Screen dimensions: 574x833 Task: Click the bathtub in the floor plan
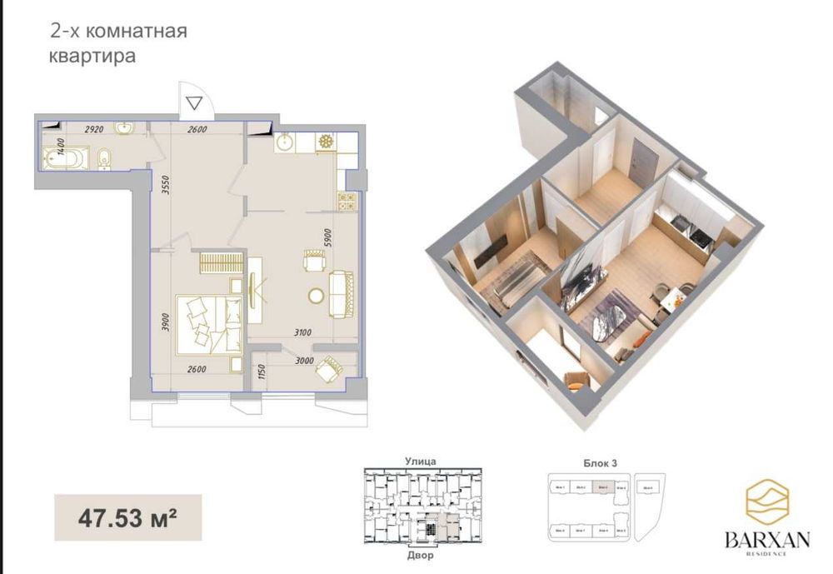[x=65, y=157]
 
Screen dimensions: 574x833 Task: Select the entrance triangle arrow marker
[x=194, y=103]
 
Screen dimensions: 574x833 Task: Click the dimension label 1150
[x=260, y=372]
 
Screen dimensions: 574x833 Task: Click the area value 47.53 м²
[x=127, y=517]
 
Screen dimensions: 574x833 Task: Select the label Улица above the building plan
[x=421, y=460]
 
